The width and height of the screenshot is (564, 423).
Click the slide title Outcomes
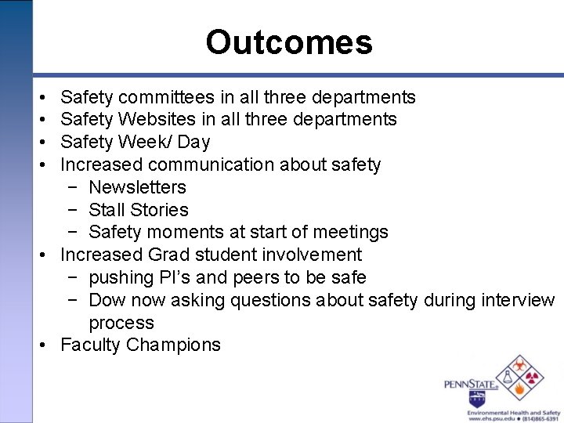coord(288,42)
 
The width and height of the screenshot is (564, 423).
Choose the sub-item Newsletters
coord(137,187)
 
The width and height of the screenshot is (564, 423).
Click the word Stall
coord(107,210)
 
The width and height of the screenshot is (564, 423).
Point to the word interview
coord(518,300)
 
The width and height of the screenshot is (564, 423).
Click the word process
coord(121,323)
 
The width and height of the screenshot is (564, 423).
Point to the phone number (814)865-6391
coord(539,419)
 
